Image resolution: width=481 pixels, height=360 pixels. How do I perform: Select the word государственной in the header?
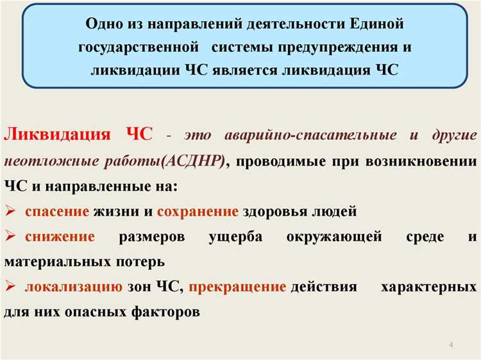(135, 47)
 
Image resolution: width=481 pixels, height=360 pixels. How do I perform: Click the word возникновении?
(421, 160)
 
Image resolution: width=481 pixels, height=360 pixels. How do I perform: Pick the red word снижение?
(60, 236)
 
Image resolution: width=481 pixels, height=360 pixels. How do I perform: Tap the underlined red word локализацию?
(73, 287)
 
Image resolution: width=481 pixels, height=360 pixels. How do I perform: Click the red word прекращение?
(237, 287)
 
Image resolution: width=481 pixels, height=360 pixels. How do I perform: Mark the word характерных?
(428, 287)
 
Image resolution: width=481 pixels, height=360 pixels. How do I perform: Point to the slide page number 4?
(451, 346)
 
